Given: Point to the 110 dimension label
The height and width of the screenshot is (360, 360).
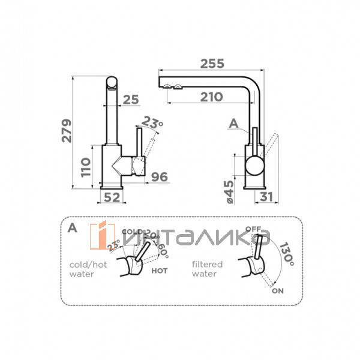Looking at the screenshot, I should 86,169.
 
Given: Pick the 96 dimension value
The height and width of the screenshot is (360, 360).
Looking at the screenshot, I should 158,176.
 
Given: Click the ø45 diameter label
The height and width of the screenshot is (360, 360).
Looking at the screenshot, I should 229,191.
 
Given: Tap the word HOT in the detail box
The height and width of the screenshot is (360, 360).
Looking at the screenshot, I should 160,271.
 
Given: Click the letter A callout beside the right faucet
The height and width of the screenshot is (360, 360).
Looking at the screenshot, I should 235,124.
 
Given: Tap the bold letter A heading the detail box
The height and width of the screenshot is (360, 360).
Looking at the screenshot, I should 72,227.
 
